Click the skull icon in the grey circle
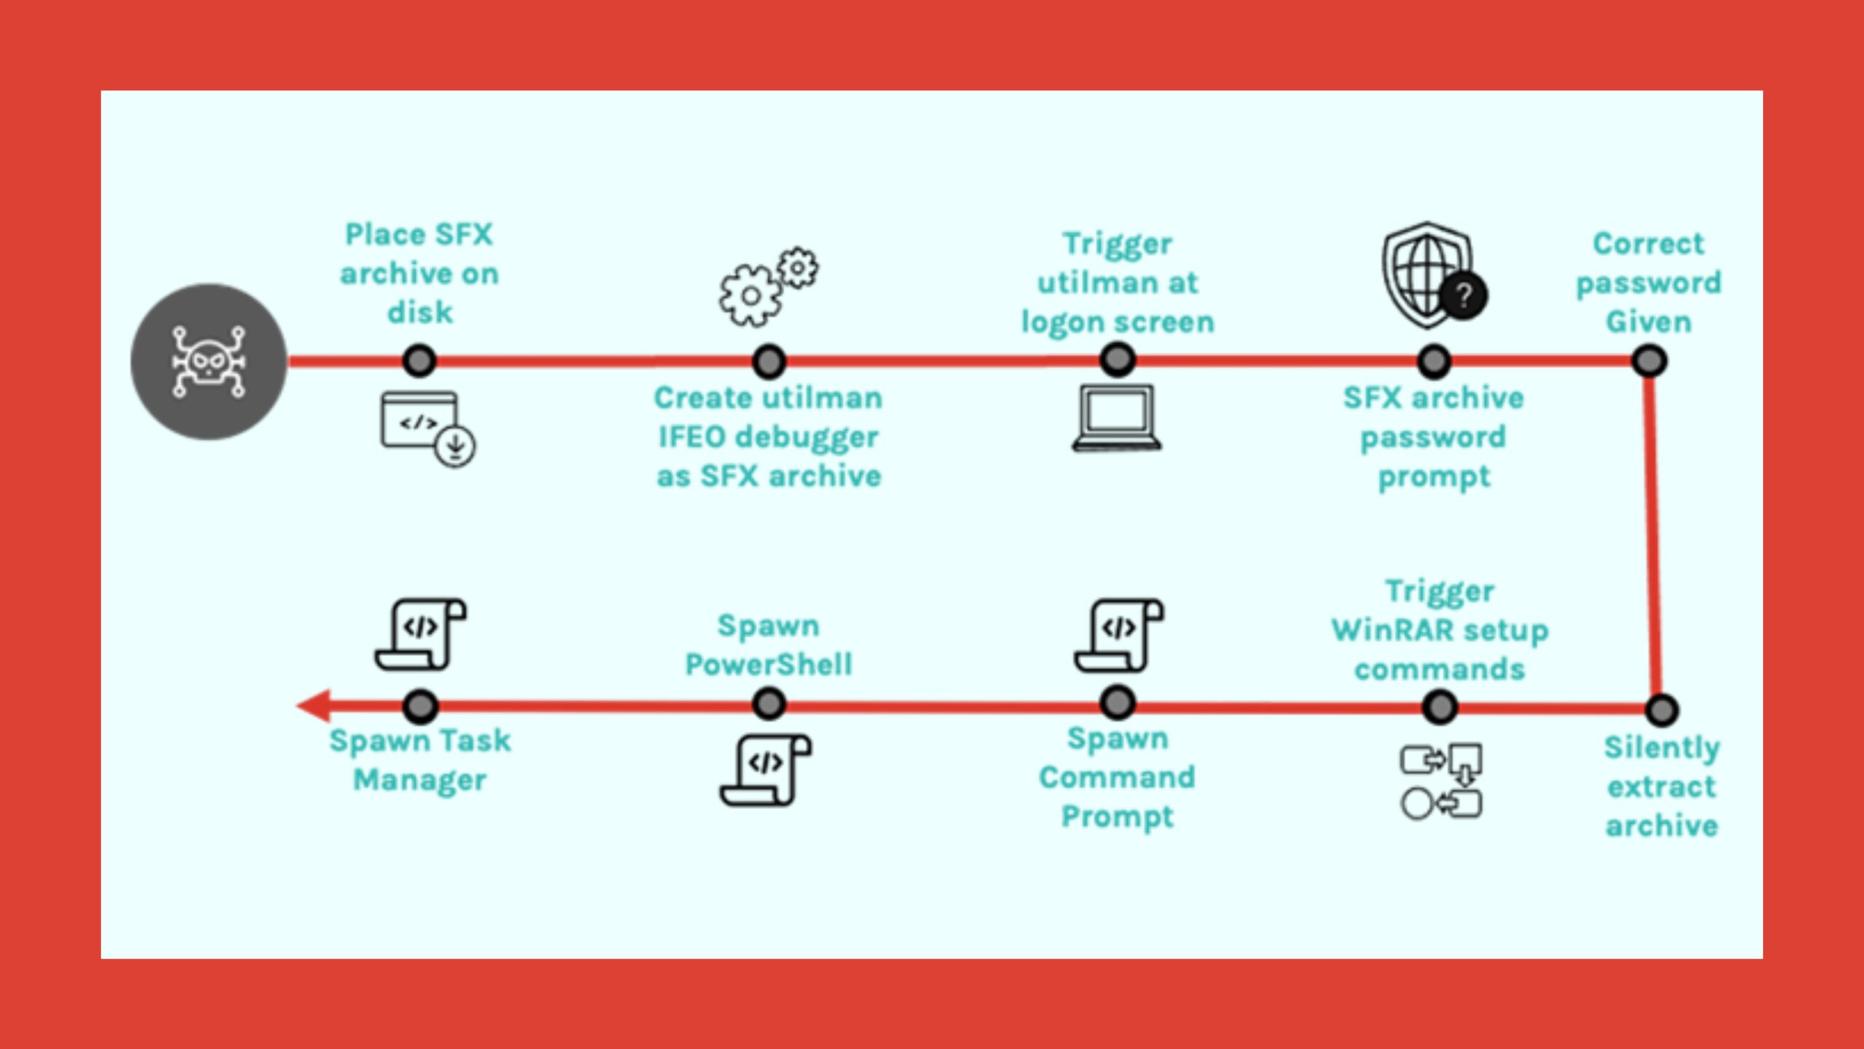[x=208, y=362]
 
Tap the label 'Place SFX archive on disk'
[x=419, y=273]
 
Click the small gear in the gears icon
[x=798, y=268]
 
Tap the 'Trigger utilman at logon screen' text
[x=1118, y=283]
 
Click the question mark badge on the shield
[x=1464, y=295]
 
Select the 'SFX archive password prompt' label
[x=1434, y=437]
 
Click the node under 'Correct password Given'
[x=1649, y=361]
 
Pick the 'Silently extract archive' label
[x=1662, y=787]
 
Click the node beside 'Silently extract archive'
[x=1662, y=710]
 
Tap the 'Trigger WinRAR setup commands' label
[x=1440, y=630]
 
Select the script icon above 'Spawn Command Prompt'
[x=1118, y=635]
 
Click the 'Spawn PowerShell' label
[x=769, y=645]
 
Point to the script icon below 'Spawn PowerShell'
[x=766, y=770]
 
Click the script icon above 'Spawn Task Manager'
[x=421, y=634]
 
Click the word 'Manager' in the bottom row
[x=420, y=780]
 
